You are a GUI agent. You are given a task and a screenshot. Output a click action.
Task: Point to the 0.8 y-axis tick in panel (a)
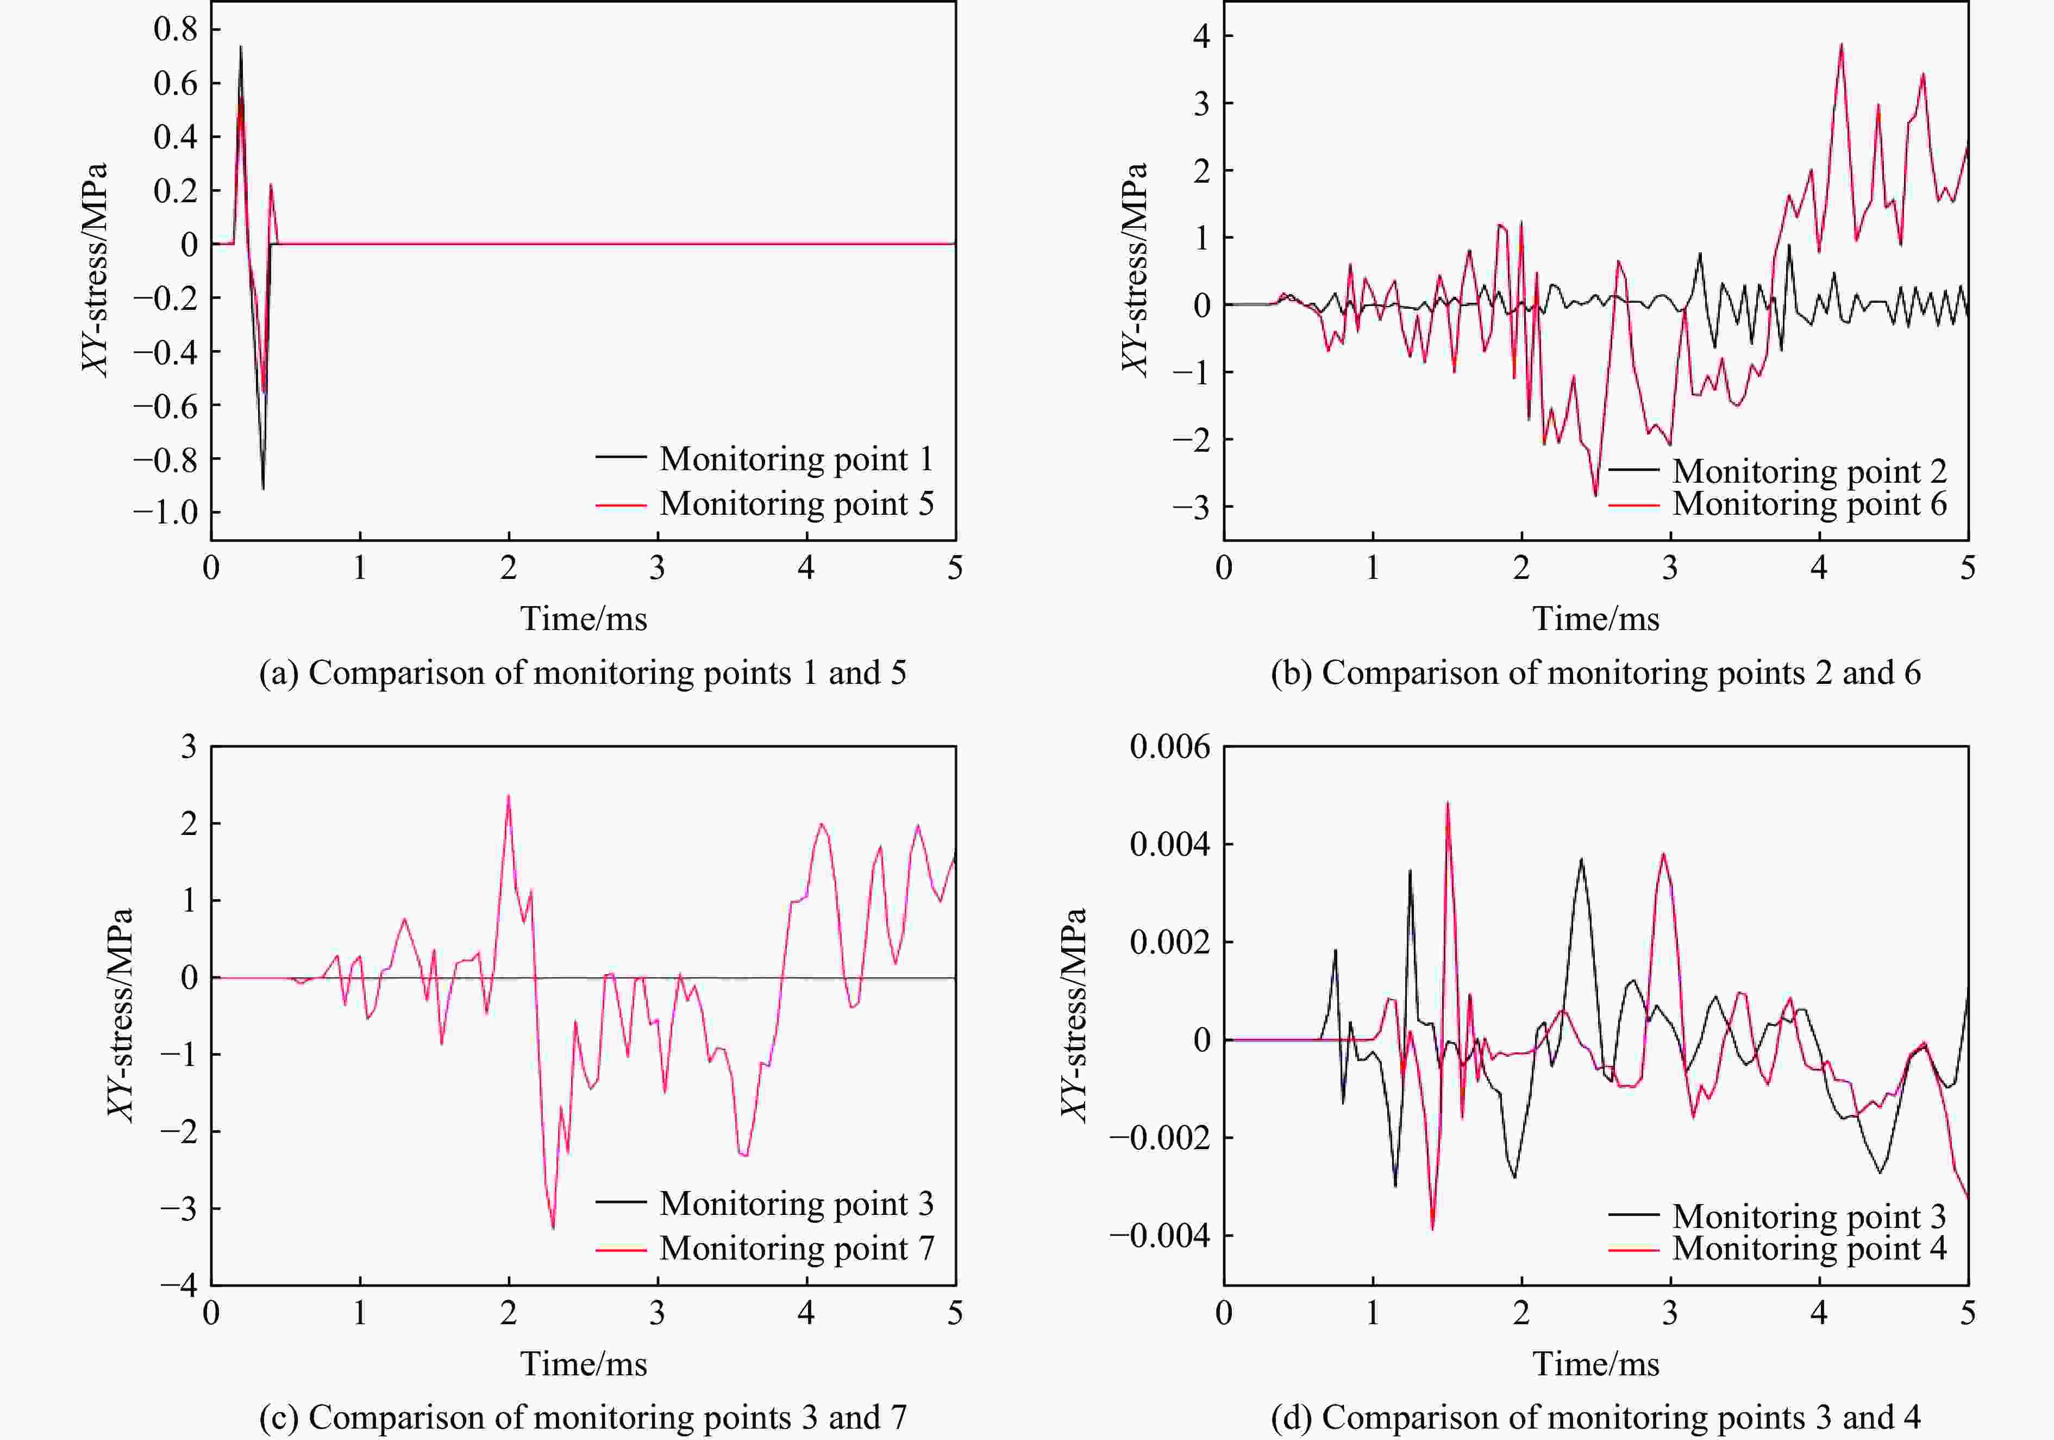coord(176,29)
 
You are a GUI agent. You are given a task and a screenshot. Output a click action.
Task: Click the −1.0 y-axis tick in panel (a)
coord(166,513)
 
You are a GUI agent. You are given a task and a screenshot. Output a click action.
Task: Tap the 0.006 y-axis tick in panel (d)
coord(1169,746)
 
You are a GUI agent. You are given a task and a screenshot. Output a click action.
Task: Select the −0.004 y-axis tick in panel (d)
coord(1160,1236)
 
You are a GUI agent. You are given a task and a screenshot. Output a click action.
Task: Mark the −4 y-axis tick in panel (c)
coord(179,1285)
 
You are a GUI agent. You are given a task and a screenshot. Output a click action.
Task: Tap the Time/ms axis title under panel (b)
coord(1595,619)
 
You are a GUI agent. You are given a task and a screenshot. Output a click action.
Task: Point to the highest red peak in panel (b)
coord(1841,45)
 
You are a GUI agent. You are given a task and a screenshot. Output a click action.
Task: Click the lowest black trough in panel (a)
coord(263,488)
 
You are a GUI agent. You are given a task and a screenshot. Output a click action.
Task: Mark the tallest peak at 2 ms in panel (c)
coord(508,796)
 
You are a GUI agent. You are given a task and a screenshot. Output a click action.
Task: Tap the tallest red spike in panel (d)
coord(1448,803)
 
